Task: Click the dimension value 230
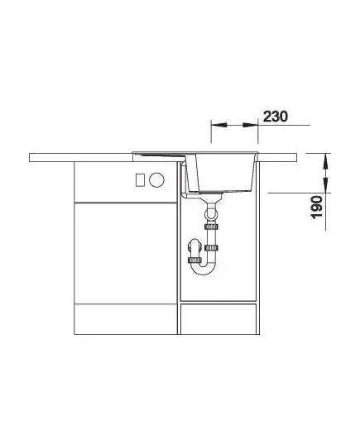(276, 117)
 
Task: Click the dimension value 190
(317, 207)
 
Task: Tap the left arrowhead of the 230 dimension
(219, 125)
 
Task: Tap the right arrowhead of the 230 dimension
(250, 125)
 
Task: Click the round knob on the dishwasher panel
(156, 179)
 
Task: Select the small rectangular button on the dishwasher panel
(140, 179)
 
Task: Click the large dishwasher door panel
(125, 253)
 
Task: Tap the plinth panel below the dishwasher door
(125, 319)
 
